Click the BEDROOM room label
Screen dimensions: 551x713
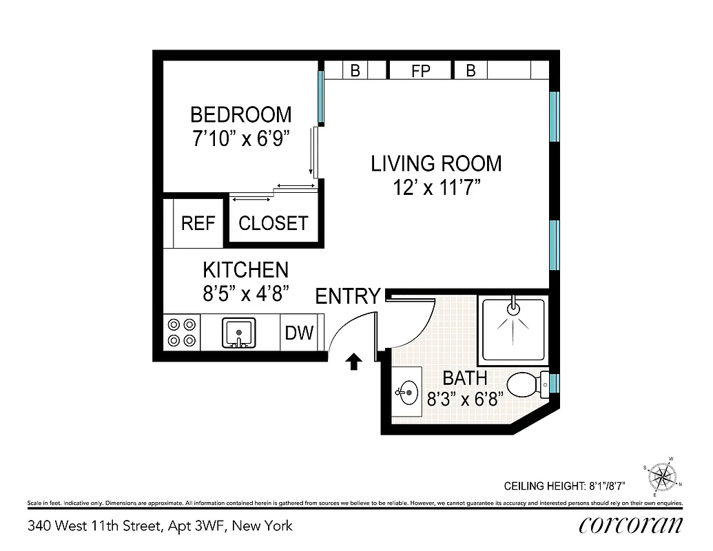pos(240,114)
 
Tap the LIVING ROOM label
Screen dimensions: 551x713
pos(436,163)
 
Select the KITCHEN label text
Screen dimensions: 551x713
pos(245,269)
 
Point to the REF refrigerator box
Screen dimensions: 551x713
pos(198,223)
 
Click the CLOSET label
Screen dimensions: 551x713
pos(273,223)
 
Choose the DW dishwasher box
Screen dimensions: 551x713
pos(299,333)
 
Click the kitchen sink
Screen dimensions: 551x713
pos(239,333)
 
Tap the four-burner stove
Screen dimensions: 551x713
pos(182,333)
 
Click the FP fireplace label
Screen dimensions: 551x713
pos(420,70)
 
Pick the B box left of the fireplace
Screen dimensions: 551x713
pos(355,70)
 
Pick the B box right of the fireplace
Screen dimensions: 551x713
pos(471,70)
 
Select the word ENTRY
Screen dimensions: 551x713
pos(348,296)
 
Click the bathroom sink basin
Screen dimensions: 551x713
pos(406,393)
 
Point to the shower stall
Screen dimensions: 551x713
pos(513,328)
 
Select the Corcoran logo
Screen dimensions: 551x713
pos(630,526)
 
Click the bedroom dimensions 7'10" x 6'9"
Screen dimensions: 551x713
pos(240,138)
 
